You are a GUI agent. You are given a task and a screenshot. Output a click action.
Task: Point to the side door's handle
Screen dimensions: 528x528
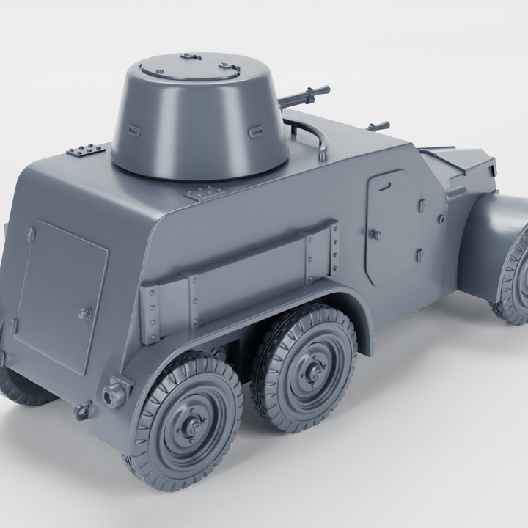click(x=375, y=235)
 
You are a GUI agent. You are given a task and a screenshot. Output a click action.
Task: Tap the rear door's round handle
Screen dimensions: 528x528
click(x=84, y=313)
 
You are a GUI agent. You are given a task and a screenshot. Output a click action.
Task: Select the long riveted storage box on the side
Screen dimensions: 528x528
click(x=242, y=279)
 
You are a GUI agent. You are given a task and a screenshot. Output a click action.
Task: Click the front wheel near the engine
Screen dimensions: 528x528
click(x=516, y=279)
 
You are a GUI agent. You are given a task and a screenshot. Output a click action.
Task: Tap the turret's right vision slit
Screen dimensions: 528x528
click(x=256, y=132)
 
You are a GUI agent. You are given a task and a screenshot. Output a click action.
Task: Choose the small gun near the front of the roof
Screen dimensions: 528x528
click(x=378, y=127)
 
